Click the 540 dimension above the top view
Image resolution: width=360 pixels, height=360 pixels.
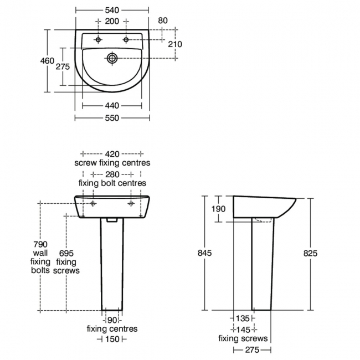[113, 10]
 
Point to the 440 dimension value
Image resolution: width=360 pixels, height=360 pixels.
[112, 105]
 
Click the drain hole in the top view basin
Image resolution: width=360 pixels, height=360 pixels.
[112, 56]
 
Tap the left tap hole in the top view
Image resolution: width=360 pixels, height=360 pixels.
[99, 40]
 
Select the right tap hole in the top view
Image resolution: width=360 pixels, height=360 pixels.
[126, 40]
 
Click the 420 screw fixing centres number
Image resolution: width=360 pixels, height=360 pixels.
[112, 153]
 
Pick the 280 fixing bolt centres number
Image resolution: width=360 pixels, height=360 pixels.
[112, 173]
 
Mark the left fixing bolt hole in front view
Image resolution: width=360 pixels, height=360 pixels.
[93, 203]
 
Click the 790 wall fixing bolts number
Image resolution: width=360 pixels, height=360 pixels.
[41, 244]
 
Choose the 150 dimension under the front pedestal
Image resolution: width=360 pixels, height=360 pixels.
[112, 339]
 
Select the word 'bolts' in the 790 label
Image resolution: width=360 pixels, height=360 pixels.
[40, 270]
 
